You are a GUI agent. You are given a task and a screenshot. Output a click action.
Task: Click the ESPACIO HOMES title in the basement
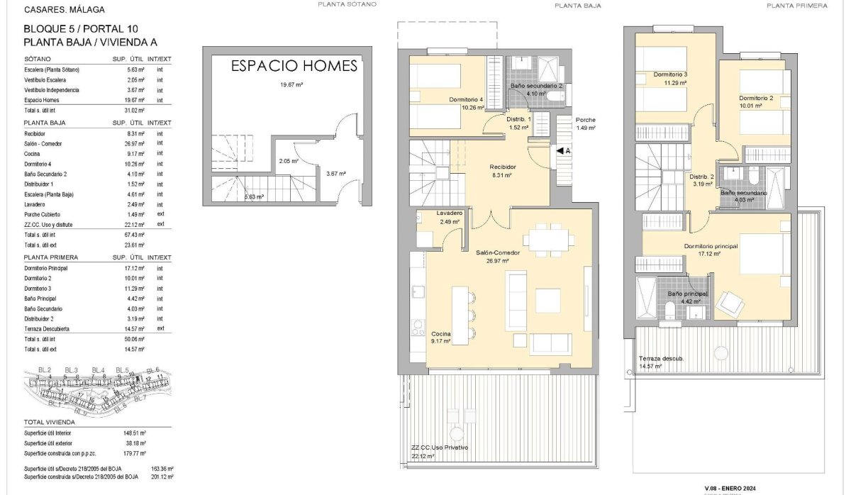[x=294, y=67]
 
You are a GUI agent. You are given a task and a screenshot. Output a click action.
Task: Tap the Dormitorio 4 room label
[x=466, y=100]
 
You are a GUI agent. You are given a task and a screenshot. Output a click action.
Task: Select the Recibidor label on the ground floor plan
[x=502, y=167]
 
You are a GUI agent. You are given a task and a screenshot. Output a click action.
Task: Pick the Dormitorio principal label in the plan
[x=711, y=246]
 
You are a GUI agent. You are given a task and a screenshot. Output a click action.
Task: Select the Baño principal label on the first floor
[x=687, y=294]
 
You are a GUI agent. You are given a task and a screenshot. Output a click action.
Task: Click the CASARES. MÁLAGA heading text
[x=64, y=10]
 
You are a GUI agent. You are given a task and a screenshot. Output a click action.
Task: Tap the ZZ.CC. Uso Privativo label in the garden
[x=440, y=447]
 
